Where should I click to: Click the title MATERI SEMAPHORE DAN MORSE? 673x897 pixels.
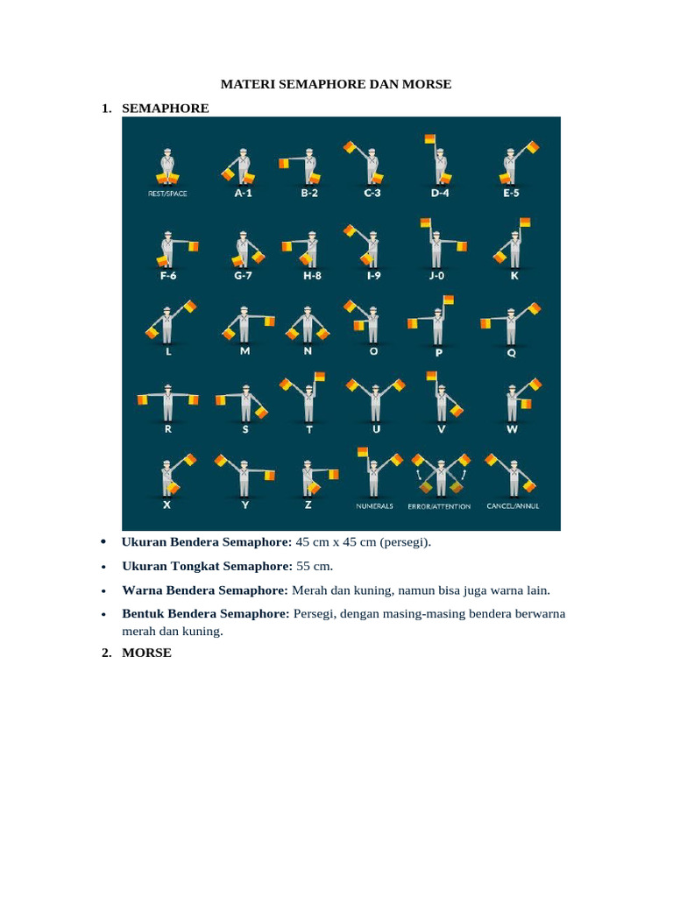coord(335,85)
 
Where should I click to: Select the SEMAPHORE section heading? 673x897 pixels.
coord(165,108)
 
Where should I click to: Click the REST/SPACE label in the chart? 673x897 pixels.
coord(167,194)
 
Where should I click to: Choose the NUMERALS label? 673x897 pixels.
coord(374,505)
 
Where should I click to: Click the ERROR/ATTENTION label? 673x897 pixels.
coord(439,505)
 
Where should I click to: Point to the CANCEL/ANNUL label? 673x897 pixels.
coord(512,505)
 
